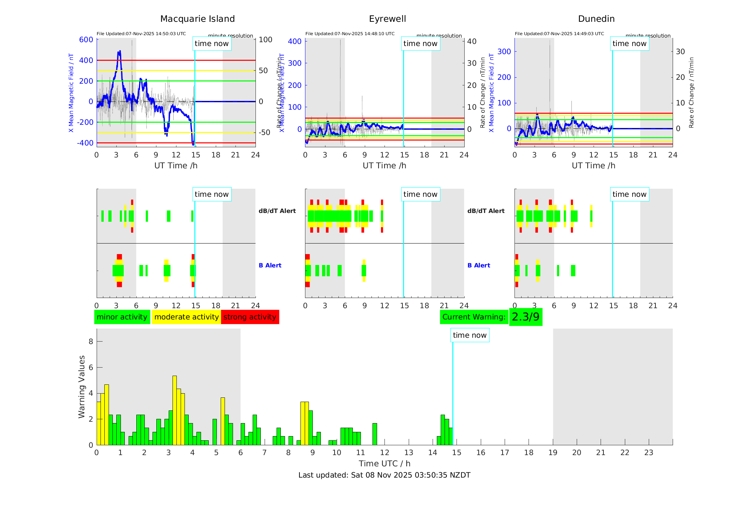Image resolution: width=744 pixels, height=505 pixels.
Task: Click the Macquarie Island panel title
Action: click(197, 19)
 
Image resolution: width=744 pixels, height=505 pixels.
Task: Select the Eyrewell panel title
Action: click(387, 19)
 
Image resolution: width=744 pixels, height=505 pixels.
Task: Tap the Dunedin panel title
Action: click(596, 19)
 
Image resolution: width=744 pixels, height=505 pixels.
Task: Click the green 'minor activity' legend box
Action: click(122, 317)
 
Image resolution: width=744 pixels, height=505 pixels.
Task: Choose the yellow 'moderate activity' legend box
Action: click(186, 317)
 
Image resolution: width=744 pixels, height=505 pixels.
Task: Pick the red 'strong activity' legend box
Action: click(250, 317)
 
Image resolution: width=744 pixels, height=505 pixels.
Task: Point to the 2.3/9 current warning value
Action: click(525, 317)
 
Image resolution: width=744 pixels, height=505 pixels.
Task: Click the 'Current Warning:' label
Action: click(474, 317)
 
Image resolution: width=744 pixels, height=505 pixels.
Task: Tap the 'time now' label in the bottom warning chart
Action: click(470, 335)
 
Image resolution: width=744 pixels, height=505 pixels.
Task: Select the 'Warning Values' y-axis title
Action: click(82, 387)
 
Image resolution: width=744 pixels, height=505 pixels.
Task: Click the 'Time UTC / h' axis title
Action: click(384, 464)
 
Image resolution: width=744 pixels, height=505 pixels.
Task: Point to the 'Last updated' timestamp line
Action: click(384, 475)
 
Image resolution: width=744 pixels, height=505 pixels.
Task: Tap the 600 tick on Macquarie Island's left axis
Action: click(86, 40)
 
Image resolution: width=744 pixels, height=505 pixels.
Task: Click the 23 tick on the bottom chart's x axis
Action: click(648, 453)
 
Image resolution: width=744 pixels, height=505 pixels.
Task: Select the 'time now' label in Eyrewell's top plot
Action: click(420, 44)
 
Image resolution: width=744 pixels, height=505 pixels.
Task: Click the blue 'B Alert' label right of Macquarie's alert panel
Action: click(270, 265)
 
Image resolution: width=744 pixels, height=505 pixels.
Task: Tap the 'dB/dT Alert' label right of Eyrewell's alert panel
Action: click(486, 211)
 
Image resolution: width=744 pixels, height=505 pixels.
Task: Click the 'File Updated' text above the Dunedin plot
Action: click(559, 34)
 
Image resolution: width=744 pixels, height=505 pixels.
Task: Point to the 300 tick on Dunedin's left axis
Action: click(504, 52)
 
